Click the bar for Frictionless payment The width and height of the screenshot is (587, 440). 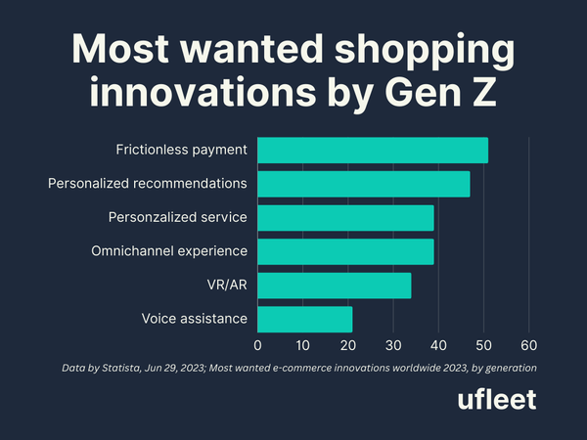tap(373, 151)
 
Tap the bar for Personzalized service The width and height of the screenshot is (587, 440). tap(345, 217)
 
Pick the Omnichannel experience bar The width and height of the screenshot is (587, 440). tap(345, 251)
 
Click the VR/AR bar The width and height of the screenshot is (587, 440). tap(335, 285)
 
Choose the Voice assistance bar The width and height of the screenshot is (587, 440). tap(305, 319)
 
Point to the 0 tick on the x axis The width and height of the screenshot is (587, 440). tap(258, 345)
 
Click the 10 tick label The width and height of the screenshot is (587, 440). tap(303, 345)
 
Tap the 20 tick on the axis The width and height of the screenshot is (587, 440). tap(348, 345)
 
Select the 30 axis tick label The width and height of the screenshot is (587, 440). tap(393, 345)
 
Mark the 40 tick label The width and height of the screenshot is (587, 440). tap(438, 345)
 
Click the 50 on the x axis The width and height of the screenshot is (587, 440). tap(483, 345)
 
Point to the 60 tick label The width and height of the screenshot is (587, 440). tap(529, 345)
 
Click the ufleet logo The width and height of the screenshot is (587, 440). tap(497, 401)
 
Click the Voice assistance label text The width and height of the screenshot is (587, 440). tap(194, 319)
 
